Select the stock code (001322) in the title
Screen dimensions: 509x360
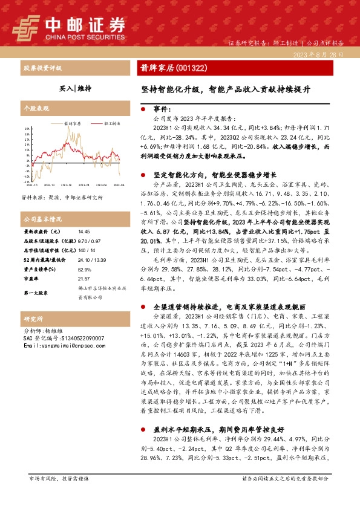click(x=191, y=68)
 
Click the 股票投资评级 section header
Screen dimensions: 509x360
click(x=42, y=68)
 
